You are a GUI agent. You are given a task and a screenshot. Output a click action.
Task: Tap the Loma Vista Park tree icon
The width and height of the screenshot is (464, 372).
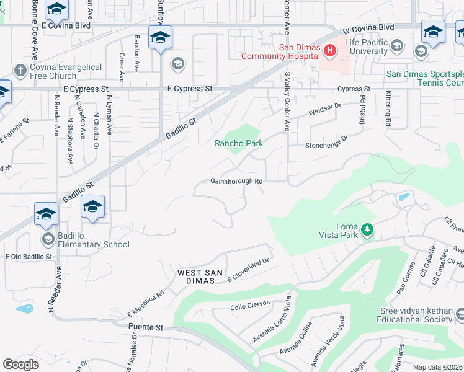coord(367,231)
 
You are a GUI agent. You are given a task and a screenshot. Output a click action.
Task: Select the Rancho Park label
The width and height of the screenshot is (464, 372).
coord(239,143)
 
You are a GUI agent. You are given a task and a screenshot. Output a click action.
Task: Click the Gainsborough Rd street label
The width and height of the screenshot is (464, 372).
coord(237,181)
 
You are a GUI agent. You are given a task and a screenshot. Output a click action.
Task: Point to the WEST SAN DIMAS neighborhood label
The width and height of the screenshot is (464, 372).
coord(198,277)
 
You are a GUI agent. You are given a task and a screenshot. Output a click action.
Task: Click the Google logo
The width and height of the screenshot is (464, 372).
coord(21,364)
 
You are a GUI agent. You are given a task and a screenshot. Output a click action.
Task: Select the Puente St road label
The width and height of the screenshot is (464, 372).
coord(145,327)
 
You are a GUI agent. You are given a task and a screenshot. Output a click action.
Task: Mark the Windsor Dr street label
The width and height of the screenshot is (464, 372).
coord(326,110)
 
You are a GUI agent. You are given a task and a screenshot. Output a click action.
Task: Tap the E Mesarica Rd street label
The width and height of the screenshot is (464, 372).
coord(145,303)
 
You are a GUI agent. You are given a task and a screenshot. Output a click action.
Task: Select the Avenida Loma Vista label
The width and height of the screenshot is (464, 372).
coord(272,329)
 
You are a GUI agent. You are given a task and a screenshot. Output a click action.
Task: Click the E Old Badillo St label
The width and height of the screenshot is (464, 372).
coord(29,256)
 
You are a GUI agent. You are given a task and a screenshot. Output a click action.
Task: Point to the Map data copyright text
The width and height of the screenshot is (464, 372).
coord(438,367)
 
